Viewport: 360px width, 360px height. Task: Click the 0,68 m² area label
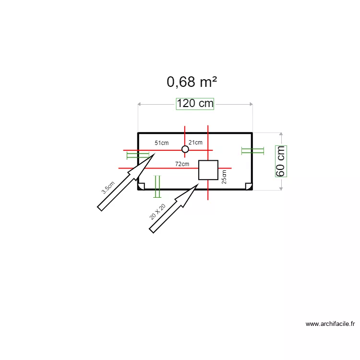point(192,82)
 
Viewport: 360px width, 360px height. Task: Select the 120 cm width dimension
point(195,104)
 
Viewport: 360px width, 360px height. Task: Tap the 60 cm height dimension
point(281,161)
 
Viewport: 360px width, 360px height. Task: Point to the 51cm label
point(161,143)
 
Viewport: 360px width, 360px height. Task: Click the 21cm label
point(195,143)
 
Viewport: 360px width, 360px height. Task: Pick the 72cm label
point(182,164)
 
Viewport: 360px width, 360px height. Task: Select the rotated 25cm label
point(224,177)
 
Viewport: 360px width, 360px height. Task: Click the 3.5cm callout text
point(108,187)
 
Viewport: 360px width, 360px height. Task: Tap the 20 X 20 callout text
point(157,211)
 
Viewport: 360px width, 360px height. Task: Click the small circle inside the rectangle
point(185,149)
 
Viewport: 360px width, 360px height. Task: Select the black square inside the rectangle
point(208,170)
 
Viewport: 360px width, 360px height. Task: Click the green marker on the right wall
point(252,151)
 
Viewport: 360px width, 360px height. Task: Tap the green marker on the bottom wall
point(157,183)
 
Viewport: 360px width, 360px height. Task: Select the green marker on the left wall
point(138,156)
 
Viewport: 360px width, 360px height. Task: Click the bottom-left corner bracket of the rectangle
point(141,186)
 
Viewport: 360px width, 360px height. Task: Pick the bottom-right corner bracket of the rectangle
point(248,186)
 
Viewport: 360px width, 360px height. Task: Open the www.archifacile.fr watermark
point(330,324)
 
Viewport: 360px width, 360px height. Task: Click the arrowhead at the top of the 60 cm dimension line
point(281,135)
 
